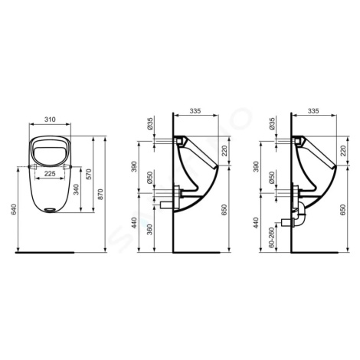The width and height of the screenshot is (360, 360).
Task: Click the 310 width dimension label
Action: (50, 119)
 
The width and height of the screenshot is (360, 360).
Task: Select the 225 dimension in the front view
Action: (50, 174)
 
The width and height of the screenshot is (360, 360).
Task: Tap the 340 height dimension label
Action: (76, 189)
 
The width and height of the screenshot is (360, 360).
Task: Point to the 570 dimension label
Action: (89, 174)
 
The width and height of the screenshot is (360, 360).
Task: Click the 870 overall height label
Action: (101, 194)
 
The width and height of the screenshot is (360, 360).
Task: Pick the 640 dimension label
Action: (14, 209)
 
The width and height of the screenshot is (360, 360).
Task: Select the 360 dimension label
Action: (149, 229)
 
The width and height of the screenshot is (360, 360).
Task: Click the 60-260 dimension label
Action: (271, 237)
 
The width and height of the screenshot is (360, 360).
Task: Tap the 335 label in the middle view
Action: (195, 111)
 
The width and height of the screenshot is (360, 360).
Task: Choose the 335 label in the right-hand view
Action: (313, 111)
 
